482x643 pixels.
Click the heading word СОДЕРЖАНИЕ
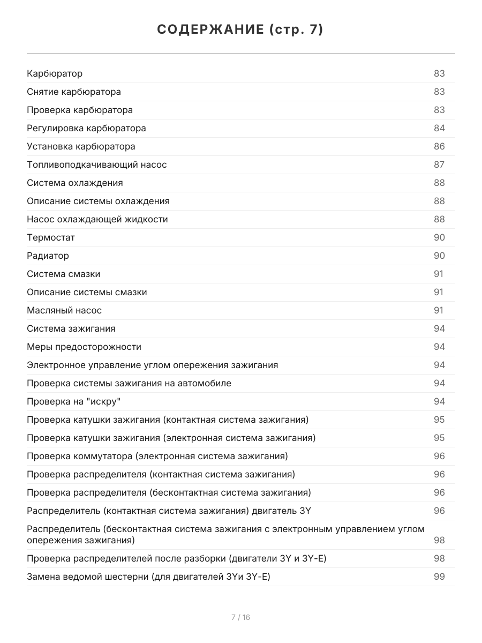210,30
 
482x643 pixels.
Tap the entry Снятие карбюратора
74,92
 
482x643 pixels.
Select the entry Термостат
51,237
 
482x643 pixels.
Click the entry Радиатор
48,256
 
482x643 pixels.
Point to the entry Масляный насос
64,310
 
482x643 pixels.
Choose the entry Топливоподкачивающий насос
97,165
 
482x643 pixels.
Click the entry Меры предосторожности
84,347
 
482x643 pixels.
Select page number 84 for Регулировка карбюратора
439,128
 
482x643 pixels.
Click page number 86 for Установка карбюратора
439,146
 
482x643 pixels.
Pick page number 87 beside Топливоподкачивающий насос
439,165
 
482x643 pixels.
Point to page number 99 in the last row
439,577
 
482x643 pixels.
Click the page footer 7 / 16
240,617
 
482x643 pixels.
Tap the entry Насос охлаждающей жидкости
97,219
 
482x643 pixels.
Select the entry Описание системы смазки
87,292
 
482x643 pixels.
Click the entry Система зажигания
71,328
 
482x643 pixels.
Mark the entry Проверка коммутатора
157,456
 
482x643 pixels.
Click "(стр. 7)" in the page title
296,30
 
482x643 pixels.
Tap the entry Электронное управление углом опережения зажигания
153,365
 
